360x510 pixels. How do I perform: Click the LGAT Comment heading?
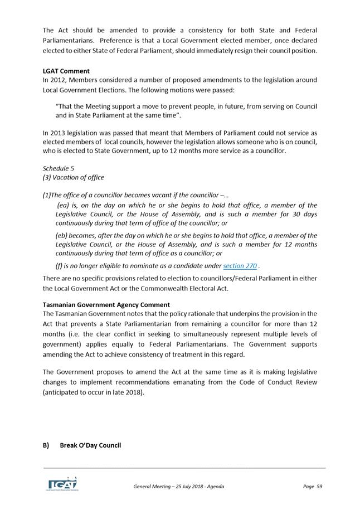click(x=66, y=71)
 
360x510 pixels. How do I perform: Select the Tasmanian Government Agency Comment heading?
click(x=106, y=305)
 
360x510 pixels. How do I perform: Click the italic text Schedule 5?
click(x=58, y=168)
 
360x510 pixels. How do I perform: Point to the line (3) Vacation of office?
click(x=73, y=178)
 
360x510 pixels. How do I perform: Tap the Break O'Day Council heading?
click(x=90, y=445)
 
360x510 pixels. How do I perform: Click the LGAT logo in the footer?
click(x=62, y=484)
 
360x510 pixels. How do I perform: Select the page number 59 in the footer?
click(x=319, y=487)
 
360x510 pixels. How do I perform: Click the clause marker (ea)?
click(x=64, y=205)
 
